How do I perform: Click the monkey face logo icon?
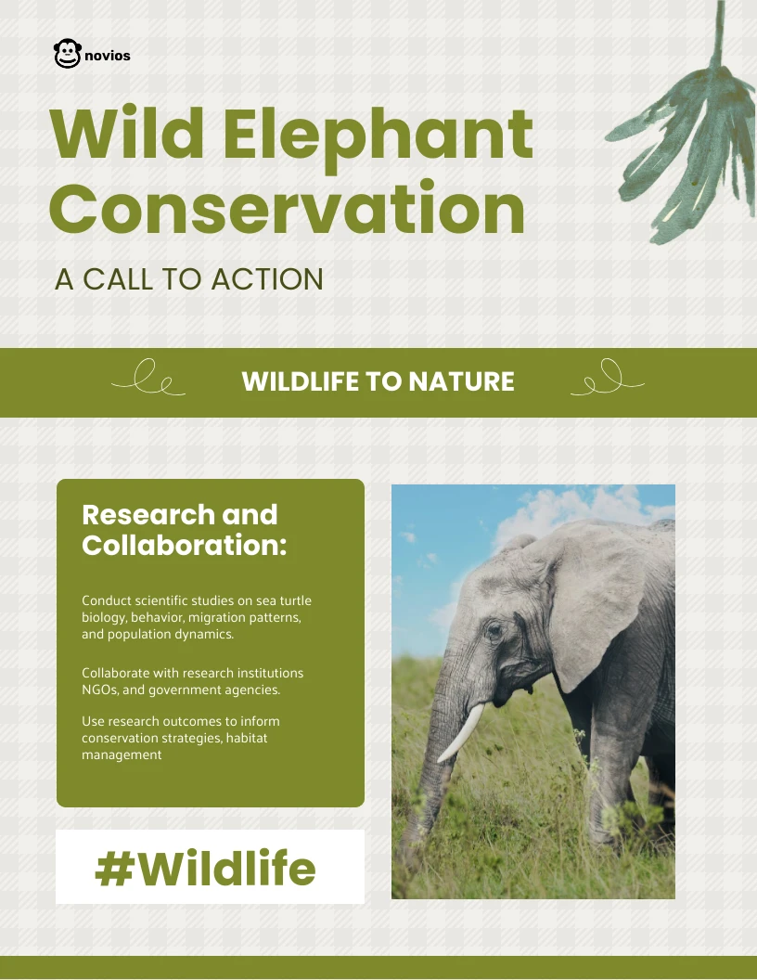pyautogui.click(x=67, y=54)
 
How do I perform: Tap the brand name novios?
pyautogui.click(x=107, y=56)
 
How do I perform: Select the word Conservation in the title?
pyautogui.click(x=287, y=208)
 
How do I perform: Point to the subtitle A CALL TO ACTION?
pyautogui.click(x=189, y=279)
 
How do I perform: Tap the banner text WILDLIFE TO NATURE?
pyautogui.click(x=378, y=381)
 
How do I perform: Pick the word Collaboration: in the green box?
pyautogui.click(x=185, y=546)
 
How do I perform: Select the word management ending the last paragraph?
pyautogui.click(x=122, y=754)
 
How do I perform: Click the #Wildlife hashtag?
pyautogui.click(x=206, y=869)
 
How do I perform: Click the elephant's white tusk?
pyautogui.click(x=463, y=732)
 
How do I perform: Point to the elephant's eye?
pyautogui.click(x=494, y=631)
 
